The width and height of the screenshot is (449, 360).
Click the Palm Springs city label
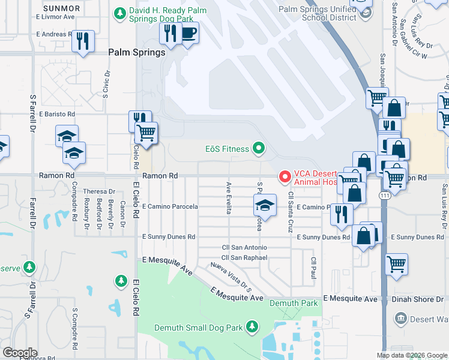coord(136,52)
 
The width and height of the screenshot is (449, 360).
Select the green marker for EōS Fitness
coord(259,147)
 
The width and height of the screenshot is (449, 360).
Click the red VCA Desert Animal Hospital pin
coord(285,176)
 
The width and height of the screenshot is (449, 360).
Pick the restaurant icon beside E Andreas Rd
coord(83,41)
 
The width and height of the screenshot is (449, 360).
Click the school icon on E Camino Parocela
coord(264,205)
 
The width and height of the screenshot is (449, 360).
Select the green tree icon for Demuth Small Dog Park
coord(253,326)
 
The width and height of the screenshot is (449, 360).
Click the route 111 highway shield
coord(384,196)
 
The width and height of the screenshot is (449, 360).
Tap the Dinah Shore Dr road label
coord(417,298)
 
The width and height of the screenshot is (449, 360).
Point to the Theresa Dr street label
coord(98,191)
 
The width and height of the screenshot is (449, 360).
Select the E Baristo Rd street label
coord(57,113)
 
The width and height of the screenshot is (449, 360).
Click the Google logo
coord(20,353)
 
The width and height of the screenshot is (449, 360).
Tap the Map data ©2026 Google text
coord(411,355)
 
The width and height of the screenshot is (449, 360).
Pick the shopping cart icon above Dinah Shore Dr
coord(396,263)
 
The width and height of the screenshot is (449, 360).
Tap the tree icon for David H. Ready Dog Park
coord(121,12)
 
